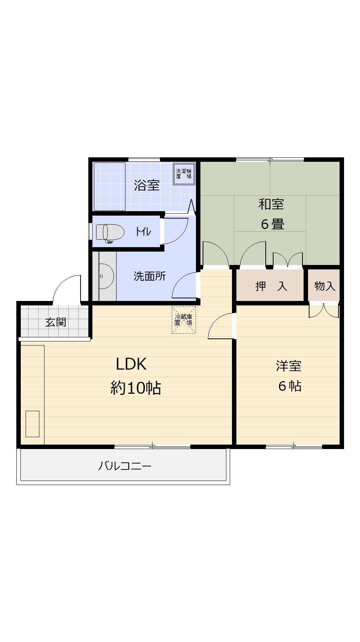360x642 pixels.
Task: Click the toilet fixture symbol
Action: point(110,233)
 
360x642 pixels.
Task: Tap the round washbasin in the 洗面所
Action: point(105,276)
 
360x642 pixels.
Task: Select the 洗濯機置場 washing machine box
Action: point(184,173)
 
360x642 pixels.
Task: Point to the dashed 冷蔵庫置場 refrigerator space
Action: point(184,320)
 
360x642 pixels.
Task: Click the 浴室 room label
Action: point(147,185)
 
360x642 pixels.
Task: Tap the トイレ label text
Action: point(143,232)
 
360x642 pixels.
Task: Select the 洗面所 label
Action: point(150,276)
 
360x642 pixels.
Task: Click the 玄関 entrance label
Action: point(56,322)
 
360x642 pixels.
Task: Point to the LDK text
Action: point(131,364)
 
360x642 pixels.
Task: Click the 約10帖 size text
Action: point(136,388)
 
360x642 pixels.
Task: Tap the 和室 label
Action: point(271,204)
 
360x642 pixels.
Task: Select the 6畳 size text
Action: point(272,224)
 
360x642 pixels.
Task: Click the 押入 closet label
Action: point(271,286)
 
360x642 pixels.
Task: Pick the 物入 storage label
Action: point(325,286)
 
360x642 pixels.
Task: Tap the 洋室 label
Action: point(288,366)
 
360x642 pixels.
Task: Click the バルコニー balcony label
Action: point(125,466)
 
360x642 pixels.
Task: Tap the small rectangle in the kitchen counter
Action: point(32,424)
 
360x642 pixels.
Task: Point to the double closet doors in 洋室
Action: point(324,311)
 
